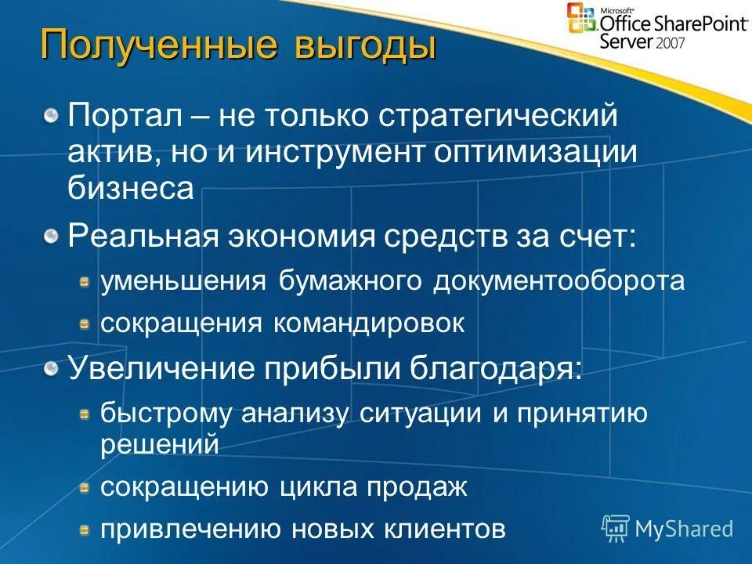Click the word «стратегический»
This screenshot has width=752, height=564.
click(x=498, y=117)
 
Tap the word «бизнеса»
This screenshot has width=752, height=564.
click(x=131, y=189)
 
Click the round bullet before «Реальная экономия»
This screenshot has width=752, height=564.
click(x=51, y=237)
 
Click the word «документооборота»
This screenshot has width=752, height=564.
click(x=559, y=281)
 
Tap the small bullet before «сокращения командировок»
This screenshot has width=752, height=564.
click(x=84, y=324)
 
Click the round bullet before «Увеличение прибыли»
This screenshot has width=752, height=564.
click(x=51, y=368)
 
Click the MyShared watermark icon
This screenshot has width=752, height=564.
click(x=616, y=529)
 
